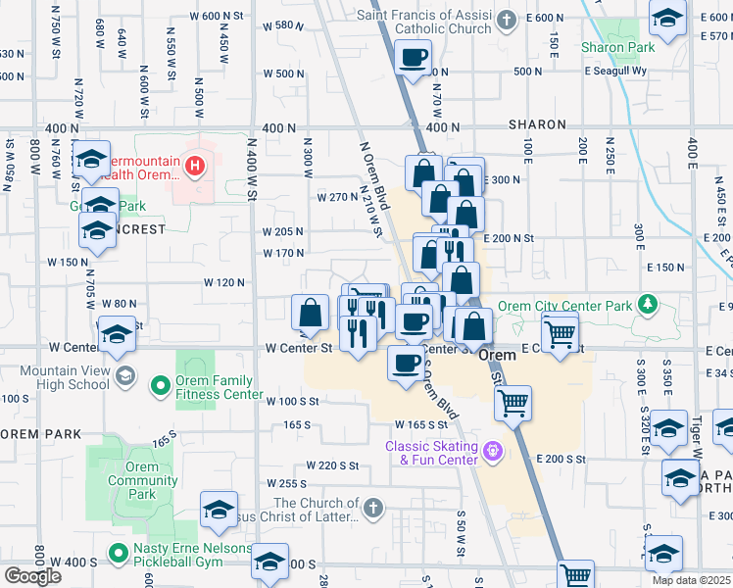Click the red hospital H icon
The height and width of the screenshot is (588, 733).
pyautogui.click(x=196, y=166)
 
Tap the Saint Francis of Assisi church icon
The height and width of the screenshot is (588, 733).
pyautogui.click(x=506, y=20)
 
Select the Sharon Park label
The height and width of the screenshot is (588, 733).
pyautogui.click(x=617, y=47)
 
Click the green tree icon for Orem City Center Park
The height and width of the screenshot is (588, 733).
pyautogui.click(x=646, y=305)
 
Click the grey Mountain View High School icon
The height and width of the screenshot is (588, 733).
pyautogui.click(x=124, y=376)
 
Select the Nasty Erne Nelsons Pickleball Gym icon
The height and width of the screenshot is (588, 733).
pyautogui.click(x=119, y=554)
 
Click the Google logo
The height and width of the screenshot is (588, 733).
pyautogui.click(x=32, y=575)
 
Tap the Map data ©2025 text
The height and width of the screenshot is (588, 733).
pyautogui.click(x=691, y=580)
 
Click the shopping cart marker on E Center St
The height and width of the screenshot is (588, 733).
pyautogui.click(x=560, y=332)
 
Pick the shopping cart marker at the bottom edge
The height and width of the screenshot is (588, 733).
pyautogui.click(x=575, y=574)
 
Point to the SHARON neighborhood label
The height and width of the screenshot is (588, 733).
pyautogui.click(x=536, y=125)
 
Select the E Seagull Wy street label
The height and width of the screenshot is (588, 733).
pyautogui.click(x=615, y=71)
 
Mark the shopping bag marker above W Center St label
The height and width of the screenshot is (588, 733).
pyautogui.click(x=310, y=314)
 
